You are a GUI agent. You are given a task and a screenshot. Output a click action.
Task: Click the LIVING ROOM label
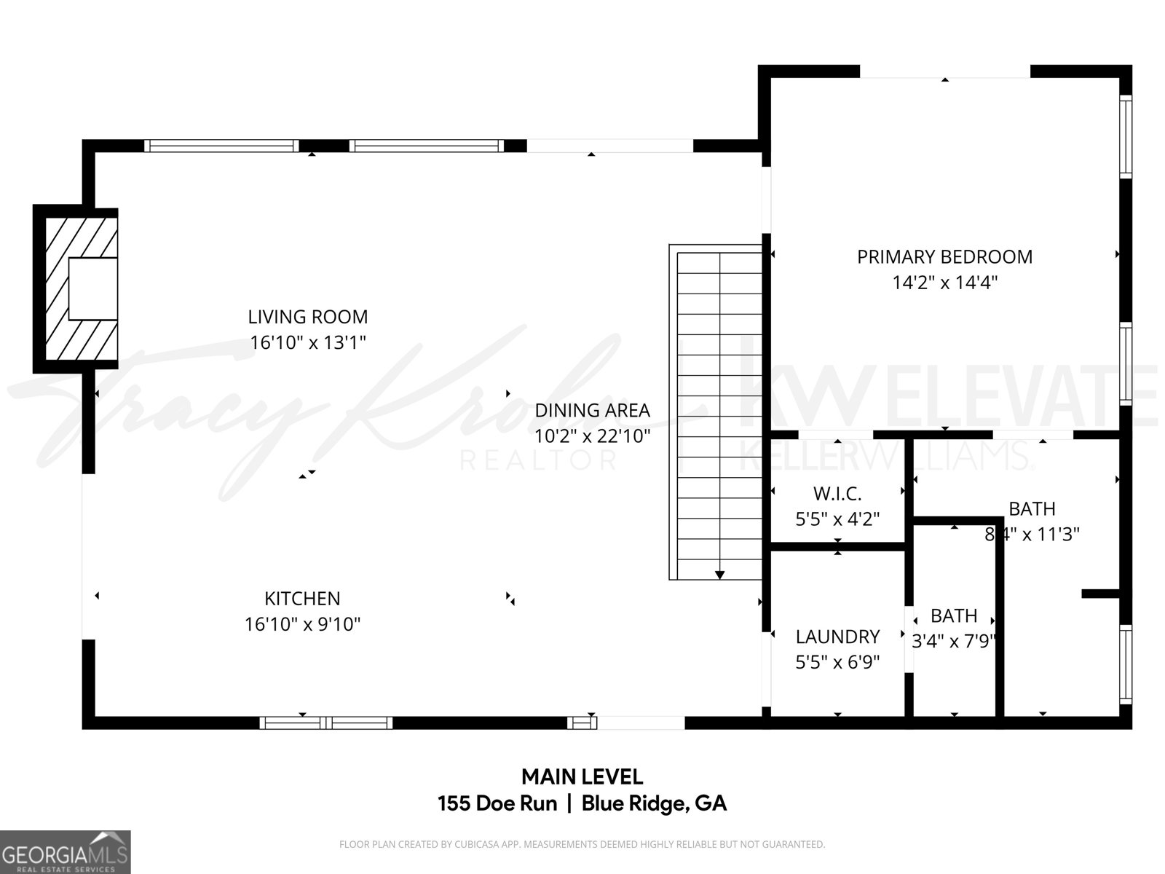308,317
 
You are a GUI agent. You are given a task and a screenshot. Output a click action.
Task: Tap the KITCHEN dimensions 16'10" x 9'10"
302,624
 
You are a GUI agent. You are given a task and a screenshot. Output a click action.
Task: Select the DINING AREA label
592,410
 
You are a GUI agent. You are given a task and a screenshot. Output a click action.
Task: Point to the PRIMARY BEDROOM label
944,256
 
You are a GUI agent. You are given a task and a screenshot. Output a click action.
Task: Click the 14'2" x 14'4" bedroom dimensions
944,283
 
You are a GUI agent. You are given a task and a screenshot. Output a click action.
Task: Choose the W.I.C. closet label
837,494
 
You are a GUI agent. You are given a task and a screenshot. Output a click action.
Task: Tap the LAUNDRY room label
837,637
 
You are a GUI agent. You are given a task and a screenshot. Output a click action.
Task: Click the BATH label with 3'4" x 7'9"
954,615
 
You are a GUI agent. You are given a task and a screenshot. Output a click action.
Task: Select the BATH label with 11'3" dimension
1032,508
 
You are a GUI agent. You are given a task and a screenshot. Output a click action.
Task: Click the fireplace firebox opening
92,288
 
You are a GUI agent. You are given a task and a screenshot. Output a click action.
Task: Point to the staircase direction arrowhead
719,575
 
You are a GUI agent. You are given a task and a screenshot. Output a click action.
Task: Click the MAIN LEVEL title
582,776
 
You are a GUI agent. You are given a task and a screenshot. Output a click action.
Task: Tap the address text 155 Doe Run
497,803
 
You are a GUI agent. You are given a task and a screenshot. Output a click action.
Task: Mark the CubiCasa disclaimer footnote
582,845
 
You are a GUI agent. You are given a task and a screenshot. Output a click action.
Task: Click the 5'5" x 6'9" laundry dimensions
837,662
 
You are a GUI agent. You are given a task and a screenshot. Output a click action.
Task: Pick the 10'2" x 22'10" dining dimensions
592,436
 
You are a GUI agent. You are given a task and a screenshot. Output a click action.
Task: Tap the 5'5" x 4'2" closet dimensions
837,519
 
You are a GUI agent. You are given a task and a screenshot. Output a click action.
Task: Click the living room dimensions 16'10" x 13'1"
308,342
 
